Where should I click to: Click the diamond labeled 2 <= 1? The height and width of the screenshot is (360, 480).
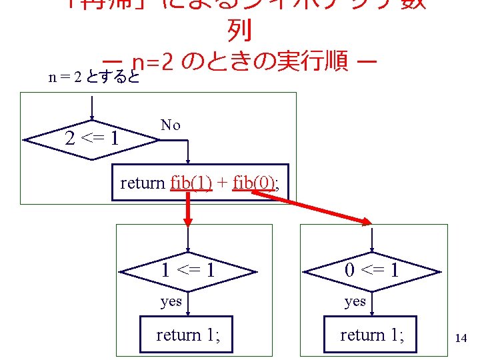(x=93, y=139)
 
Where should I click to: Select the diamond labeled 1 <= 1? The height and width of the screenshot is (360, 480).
(x=188, y=270)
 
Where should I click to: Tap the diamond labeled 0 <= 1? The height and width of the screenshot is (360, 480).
(x=372, y=270)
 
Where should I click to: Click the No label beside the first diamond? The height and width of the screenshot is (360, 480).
(x=170, y=125)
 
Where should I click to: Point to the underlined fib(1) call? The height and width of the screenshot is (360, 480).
(x=191, y=182)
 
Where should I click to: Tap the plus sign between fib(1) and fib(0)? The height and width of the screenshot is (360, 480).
(x=223, y=182)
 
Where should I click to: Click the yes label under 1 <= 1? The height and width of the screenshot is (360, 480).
(x=171, y=301)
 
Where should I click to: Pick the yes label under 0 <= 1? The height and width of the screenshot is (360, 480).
(x=355, y=301)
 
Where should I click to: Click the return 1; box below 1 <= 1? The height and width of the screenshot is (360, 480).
(x=188, y=335)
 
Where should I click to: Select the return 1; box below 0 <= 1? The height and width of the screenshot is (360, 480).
(x=372, y=335)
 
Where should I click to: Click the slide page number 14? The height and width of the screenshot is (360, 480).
(x=460, y=338)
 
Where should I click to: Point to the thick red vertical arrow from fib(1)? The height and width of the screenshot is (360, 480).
(x=189, y=210)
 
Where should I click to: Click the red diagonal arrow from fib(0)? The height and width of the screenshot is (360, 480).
(x=313, y=207)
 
